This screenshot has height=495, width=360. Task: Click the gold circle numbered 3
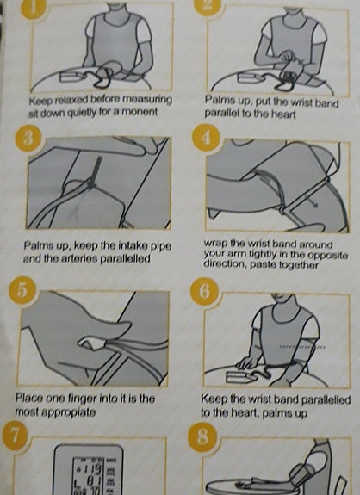[x=28, y=139]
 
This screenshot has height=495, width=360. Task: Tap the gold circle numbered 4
[x=206, y=138]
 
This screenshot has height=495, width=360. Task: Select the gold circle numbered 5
[x=22, y=291]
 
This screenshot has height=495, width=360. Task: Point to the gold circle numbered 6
[x=204, y=291]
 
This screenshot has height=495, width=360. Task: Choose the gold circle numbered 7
[x=14, y=436]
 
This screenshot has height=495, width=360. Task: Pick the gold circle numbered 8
[x=202, y=437]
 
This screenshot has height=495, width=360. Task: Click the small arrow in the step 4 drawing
[x=311, y=201]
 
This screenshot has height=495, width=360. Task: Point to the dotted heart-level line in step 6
[x=302, y=347]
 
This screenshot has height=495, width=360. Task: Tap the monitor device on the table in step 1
[x=71, y=77]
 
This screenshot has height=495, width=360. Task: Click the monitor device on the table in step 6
[x=239, y=376]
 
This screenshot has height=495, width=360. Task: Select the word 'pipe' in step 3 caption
[x=161, y=246]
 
